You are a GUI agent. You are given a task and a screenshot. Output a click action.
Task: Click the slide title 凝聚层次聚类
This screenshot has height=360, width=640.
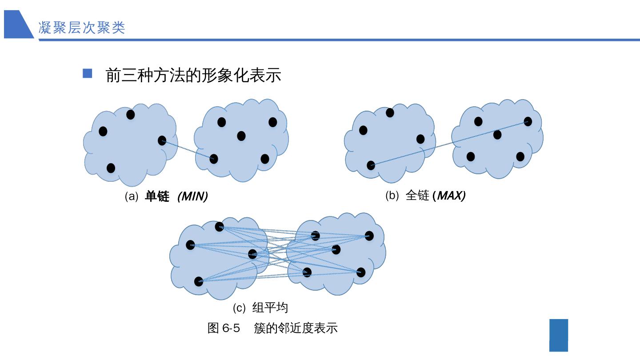82,28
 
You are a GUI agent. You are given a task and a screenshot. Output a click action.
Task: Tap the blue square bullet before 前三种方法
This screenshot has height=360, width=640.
88,73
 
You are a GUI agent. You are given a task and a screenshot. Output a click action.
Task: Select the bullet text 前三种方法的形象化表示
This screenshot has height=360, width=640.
193,75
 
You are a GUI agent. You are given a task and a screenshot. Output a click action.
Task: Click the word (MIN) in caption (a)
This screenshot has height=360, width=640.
192,196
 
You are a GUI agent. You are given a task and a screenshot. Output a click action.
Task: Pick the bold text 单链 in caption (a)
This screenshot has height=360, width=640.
157,196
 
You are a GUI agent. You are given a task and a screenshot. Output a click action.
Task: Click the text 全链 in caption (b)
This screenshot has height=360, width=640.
417,196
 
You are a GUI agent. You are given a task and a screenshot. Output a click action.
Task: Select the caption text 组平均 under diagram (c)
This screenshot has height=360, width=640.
270,308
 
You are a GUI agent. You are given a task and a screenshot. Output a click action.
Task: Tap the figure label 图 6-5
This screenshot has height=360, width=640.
224,328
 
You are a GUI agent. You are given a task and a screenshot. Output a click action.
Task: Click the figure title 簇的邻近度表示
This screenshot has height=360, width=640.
296,328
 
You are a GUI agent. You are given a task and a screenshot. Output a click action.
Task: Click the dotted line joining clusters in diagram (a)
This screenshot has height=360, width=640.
188,149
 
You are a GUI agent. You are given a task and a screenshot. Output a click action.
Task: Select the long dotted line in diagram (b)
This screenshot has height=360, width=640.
449,143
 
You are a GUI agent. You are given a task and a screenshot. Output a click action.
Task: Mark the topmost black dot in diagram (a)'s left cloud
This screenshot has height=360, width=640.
131,115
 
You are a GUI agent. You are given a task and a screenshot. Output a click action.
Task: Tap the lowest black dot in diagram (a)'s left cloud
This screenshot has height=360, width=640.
111,168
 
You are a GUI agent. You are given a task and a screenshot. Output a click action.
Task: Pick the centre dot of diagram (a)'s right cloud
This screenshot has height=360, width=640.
241,136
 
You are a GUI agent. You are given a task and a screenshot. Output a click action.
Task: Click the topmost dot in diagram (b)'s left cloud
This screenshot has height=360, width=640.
390,113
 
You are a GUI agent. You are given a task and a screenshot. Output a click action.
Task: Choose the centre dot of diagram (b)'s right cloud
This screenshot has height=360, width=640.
497,134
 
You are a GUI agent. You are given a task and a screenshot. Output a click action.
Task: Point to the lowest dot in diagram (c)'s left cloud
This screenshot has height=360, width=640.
199,281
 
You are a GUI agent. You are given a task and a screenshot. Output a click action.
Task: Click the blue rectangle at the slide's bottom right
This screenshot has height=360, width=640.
559,335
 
